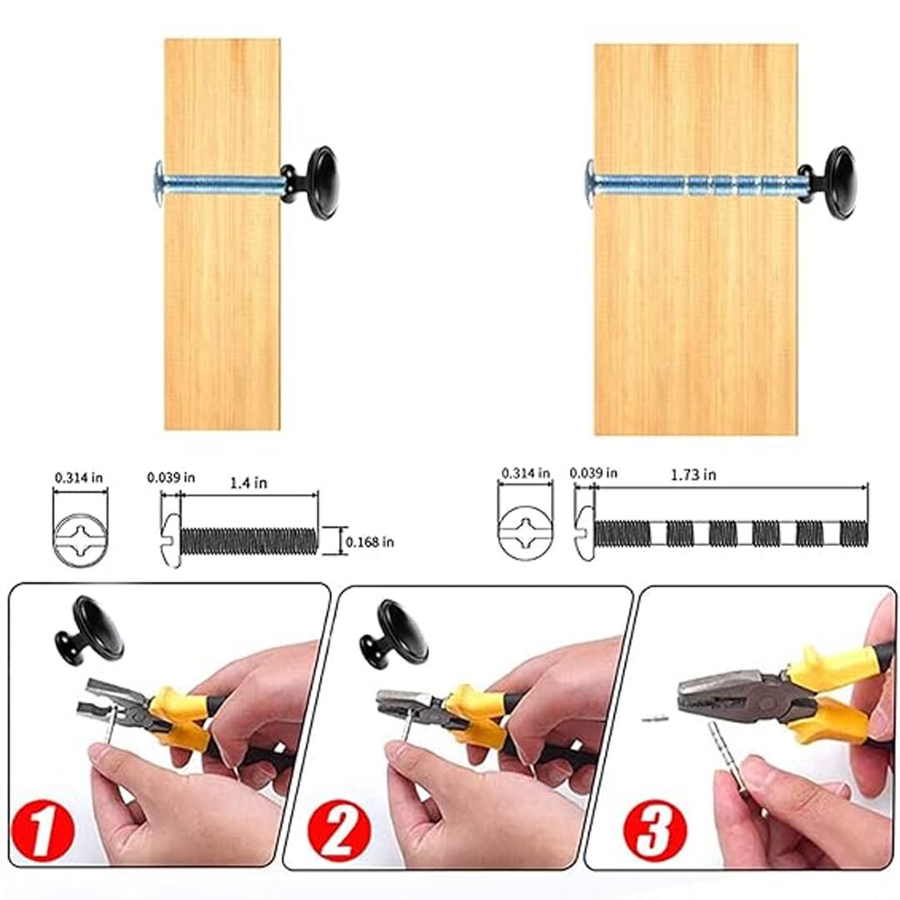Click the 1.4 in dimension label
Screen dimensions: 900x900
(x=248, y=482)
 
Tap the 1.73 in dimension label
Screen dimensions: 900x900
(x=693, y=475)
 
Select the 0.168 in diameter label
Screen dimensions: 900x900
(x=370, y=542)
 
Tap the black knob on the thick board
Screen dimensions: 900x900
(x=828, y=183)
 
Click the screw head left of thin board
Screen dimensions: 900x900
(x=159, y=182)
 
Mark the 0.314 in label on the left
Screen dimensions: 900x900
(x=78, y=477)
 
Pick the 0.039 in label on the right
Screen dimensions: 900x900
(x=593, y=473)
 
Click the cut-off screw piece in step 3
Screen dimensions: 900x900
(x=653, y=717)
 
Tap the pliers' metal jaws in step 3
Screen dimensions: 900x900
(x=717, y=694)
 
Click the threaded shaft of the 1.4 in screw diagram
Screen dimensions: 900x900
(x=248, y=542)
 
